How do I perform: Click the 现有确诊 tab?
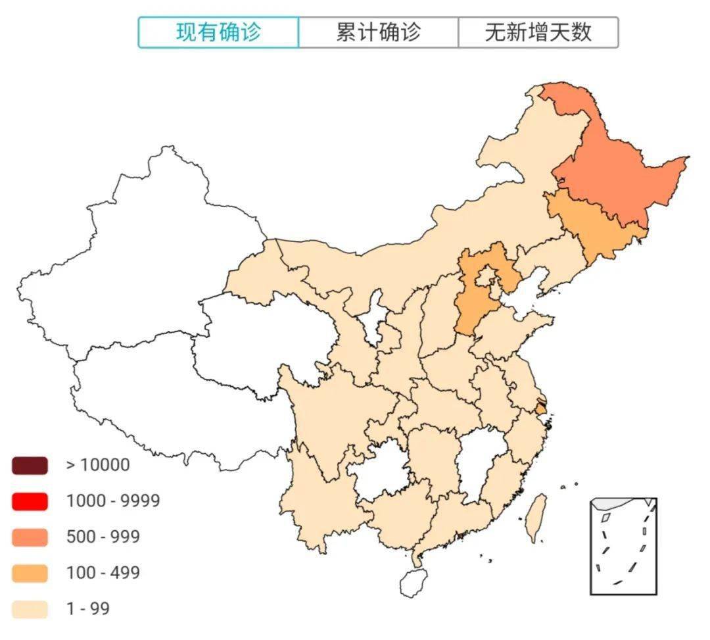218,32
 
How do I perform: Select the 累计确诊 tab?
378,32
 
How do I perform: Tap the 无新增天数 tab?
538,32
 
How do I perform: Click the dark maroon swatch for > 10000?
30,466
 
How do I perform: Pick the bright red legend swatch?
30,501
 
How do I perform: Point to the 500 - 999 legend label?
103,537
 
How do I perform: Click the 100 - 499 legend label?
103,573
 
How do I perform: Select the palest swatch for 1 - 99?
30,609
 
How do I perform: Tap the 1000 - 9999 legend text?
113,501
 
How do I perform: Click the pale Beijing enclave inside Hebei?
486,275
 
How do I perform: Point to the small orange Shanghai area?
540,408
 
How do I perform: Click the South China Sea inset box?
623,546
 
